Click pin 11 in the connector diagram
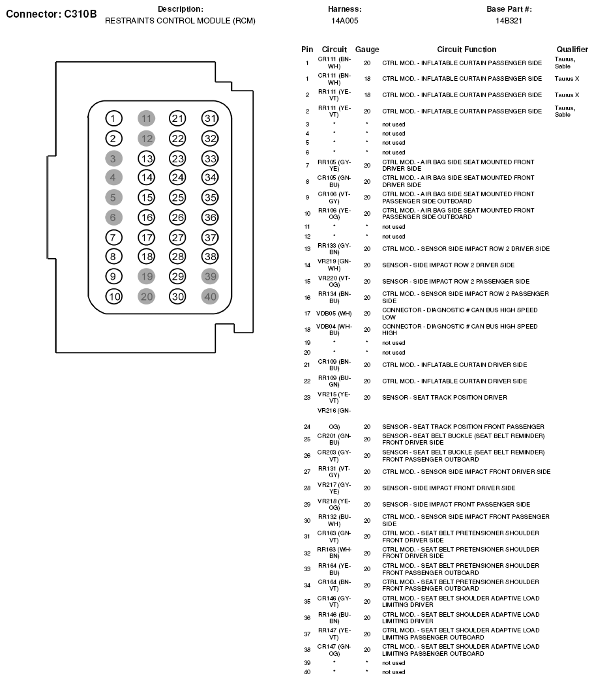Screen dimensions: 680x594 (x=146, y=118)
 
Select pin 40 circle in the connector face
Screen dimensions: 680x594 (x=210, y=296)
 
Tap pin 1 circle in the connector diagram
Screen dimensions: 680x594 (x=114, y=118)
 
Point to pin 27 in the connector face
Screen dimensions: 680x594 (x=177, y=237)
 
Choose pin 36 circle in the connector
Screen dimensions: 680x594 (x=210, y=217)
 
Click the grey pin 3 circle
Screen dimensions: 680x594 (x=114, y=158)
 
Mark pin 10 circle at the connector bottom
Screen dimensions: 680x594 (x=114, y=296)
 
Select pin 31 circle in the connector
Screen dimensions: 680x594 (x=210, y=118)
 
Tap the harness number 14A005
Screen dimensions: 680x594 (x=344, y=21)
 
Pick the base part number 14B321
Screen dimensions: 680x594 (x=509, y=21)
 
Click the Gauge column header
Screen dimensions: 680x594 (x=367, y=50)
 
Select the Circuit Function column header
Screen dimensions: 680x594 (x=466, y=50)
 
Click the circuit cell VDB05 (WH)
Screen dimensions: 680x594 (x=334, y=313)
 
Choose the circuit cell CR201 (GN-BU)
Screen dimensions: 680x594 (x=334, y=439)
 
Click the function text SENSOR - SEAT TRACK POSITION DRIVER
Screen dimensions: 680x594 (x=444, y=397)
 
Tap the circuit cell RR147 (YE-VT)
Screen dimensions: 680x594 (x=334, y=633)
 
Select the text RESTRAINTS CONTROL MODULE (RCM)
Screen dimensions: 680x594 (x=180, y=21)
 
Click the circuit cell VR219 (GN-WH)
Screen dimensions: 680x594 (x=334, y=265)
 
